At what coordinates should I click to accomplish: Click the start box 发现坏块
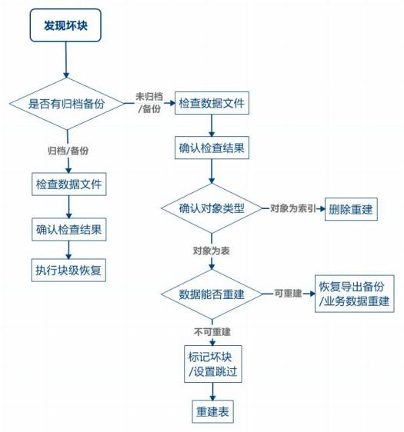tap(66, 25)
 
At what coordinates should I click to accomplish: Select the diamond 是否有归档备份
tap(66, 103)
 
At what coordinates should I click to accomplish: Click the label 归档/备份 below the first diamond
tap(68, 151)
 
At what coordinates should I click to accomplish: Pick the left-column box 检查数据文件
tap(69, 185)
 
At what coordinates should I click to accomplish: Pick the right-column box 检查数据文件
tap(212, 103)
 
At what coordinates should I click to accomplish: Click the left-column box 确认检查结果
tap(69, 228)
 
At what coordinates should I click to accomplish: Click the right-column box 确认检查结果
tap(212, 148)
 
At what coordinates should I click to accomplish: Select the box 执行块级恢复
tap(69, 270)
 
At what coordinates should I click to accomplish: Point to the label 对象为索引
tap(292, 208)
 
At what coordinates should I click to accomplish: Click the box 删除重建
tap(352, 208)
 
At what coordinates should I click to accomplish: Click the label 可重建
tap(287, 294)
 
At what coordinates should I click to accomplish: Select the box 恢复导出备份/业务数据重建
tap(354, 294)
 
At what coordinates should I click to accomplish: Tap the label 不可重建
tap(213, 332)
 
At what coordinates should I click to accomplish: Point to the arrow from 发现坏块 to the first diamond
tap(66, 60)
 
